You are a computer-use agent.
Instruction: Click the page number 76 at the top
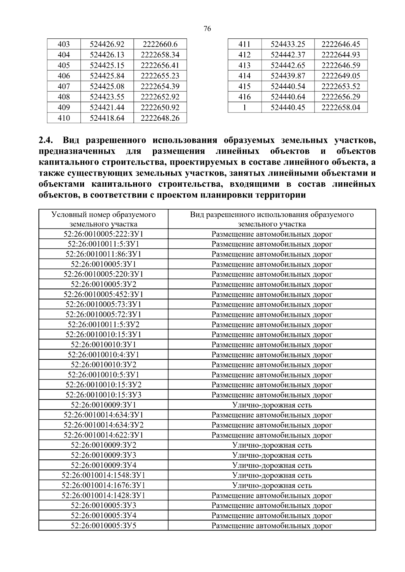tap(208, 29)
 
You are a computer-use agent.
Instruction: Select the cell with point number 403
tap(64, 44)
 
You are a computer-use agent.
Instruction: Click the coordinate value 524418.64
tap(107, 118)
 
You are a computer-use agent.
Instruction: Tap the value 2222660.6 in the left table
tap(160, 44)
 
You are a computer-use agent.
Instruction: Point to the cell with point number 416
tap(244, 97)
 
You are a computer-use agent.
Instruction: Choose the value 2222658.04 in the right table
tap(341, 108)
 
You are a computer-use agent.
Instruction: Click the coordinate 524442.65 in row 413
tap(288, 65)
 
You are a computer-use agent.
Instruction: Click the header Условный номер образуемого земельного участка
tap(103, 219)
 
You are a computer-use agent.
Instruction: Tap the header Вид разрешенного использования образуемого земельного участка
tap(272, 219)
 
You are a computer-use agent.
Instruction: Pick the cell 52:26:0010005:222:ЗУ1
tap(103, 234)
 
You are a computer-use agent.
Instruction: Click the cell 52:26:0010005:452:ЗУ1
tap(103, 294)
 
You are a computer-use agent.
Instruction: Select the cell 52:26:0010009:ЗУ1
tap(103, 405)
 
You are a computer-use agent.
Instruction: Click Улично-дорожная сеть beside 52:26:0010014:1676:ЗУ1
tap(272, 485)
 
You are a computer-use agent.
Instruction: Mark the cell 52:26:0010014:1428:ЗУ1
tap(103, 495)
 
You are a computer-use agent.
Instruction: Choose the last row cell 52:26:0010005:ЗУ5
tap(103, 525)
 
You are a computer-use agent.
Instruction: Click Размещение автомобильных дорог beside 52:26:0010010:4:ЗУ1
tap(272, 355)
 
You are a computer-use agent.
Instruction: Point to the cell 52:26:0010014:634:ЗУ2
tap(103, 425)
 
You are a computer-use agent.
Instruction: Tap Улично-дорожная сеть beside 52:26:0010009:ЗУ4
tap(272, 465)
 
